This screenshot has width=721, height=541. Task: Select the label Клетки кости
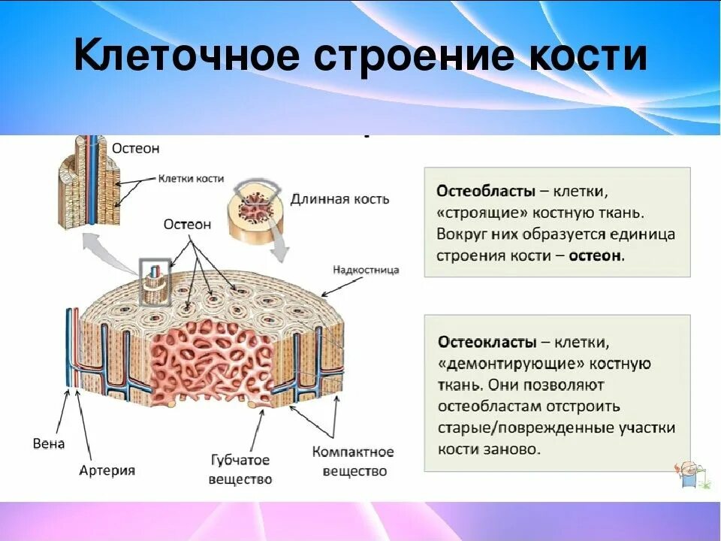pos(191,179)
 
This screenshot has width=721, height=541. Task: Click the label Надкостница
pos(366,270)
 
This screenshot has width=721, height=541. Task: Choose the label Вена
pos(49,443)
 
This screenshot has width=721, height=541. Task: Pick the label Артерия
pos(107,470)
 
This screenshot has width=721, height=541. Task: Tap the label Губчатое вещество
pos(240,470)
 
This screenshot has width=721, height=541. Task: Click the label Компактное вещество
pos(353,461)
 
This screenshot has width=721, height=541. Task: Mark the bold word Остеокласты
pos(487,343)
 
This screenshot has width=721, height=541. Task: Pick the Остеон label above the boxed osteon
pos(188,224)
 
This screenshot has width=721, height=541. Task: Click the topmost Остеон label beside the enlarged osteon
pos(136,148)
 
